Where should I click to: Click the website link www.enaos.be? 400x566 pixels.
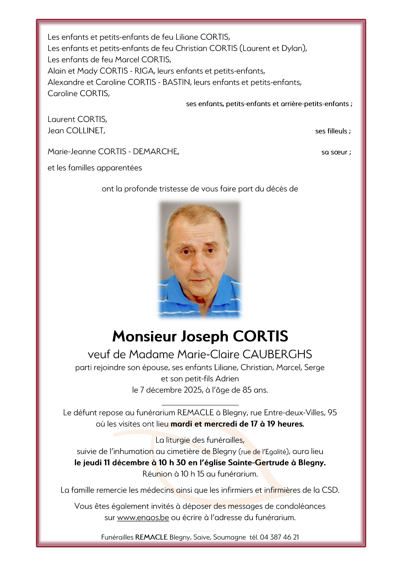coord(143,518)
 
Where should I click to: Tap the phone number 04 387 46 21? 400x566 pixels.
coord(279,537)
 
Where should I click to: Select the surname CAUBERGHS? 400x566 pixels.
coord(277,354)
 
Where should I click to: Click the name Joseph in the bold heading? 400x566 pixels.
coord(205,336)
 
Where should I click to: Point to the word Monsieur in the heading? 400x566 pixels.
coord(145,336)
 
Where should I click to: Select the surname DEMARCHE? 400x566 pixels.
coord(156,152)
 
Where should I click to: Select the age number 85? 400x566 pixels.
coord(247,390)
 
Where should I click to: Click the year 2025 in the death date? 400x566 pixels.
coord(193,390)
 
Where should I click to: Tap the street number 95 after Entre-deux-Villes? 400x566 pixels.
coord(332,413)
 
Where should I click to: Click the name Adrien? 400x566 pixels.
coord(227,379)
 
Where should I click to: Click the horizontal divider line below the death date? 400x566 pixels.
coord(200,405)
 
